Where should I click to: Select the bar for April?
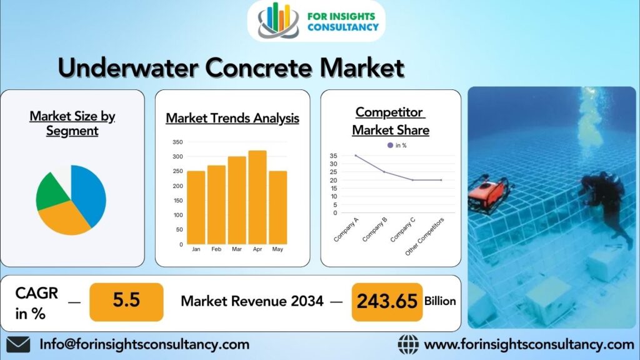point(257,197)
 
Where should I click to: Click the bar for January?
point(196,207)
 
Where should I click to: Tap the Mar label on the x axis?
point(237,249)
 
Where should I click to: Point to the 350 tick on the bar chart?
point(177,142)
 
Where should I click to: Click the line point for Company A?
point(356,156)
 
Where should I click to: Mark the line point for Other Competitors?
point(441,180)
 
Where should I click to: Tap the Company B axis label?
point(374,230)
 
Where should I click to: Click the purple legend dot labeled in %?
point(390,145)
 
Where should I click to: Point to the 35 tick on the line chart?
point(334,156)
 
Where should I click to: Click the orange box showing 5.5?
point(126,302)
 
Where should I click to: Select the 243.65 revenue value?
point(387,302)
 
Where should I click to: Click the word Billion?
point(440,301)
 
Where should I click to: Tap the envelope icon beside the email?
point(18,344)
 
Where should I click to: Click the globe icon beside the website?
point(408,344)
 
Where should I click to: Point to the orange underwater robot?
point(489,194)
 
